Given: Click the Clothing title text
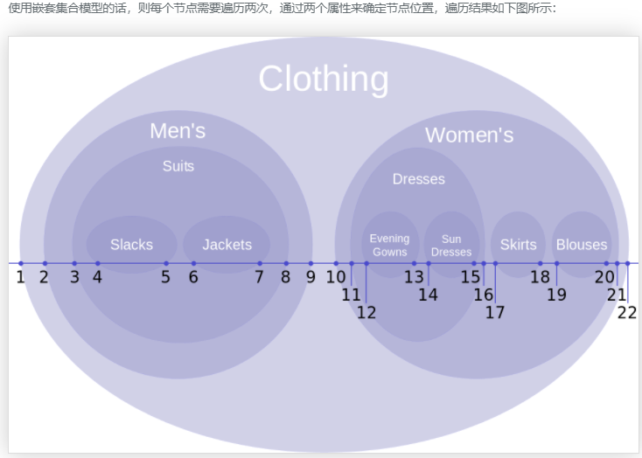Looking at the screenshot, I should coord(324,80).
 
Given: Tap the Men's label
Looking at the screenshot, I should coord(178,131).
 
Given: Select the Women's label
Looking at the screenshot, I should coord(469,135).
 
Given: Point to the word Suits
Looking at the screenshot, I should coord(178,166).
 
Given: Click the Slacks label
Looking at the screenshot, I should coord(131,245).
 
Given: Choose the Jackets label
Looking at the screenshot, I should coord(227,245).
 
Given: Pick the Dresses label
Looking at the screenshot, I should coord(418,179).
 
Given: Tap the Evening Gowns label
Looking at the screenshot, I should coord(389,245).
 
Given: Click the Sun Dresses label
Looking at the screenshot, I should coord(451,245).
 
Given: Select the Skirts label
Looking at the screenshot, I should coord(518,245).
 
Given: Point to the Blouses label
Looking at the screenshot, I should coord(582,245).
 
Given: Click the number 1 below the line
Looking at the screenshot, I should coord(20,278).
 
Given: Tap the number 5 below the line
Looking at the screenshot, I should coord(165,278).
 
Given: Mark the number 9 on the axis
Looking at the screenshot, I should coord(311,278).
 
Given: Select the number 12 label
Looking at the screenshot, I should coord(366,312).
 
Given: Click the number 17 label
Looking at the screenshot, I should coord(495,312).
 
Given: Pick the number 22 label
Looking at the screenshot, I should coord(627,312).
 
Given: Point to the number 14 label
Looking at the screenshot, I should coord(428,295).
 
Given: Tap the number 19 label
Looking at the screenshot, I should coord(556,295).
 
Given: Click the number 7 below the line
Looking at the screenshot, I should coord(260,278).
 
